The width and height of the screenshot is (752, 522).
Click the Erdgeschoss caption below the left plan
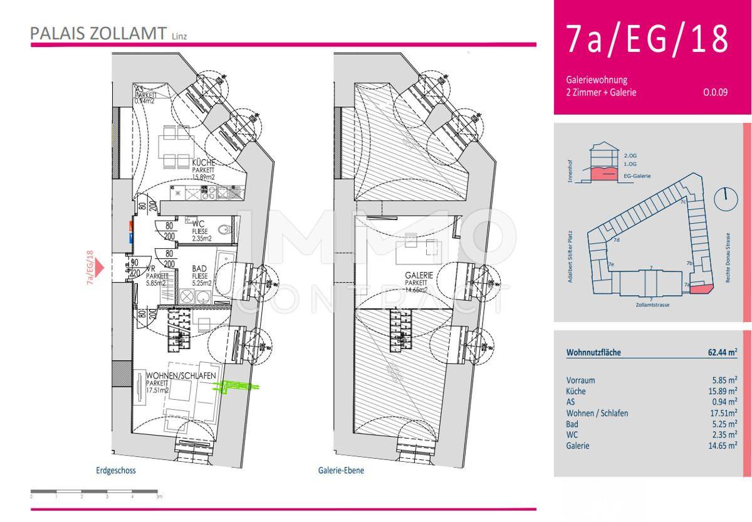116,471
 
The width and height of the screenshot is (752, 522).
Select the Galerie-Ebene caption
341,471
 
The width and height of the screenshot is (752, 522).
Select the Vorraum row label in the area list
580,380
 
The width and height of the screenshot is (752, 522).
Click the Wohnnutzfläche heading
593,353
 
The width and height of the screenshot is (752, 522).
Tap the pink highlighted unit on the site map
702,288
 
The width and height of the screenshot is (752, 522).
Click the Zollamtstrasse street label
653,306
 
